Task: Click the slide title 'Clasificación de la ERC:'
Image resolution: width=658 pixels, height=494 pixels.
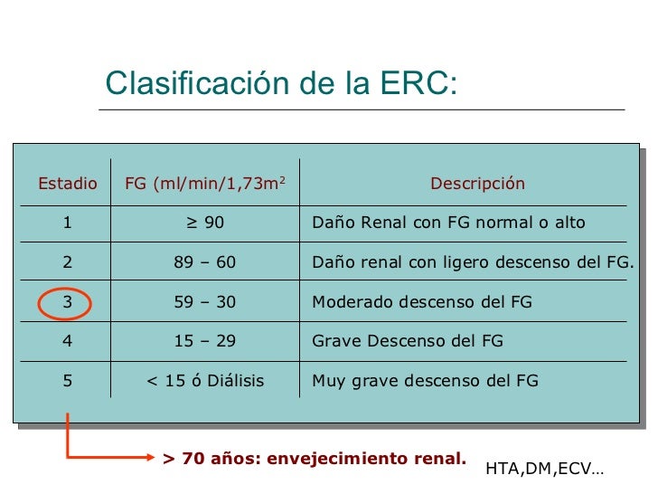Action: click(281, 83)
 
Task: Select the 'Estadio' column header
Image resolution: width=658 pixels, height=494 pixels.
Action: click(68, 184)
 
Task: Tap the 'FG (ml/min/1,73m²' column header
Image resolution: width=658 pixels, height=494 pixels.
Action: click(205, 184)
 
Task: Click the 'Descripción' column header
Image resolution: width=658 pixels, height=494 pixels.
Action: click(477, 184)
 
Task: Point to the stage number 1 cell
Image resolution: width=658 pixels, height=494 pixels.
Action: click(68, 223)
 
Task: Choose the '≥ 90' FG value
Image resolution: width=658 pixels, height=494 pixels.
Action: click(205, 223)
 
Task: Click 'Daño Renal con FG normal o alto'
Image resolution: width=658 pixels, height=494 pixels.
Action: click(448, 223)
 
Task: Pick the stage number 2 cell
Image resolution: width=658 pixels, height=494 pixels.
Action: click(68, 262)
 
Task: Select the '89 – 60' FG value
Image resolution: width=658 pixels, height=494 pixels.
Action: click(205, 262)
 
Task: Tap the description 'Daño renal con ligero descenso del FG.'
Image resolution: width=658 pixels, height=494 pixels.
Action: click(473, 262)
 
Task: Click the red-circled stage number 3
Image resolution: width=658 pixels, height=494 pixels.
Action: click(68, 302)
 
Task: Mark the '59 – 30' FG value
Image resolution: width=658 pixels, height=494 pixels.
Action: click(205, 302)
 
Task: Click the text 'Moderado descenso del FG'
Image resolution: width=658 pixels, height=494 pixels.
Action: click(422, 302)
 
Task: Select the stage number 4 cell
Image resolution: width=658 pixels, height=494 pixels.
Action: click(68, 341)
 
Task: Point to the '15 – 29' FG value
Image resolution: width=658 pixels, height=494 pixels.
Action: click(205, 341)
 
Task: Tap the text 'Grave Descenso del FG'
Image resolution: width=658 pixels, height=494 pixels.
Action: click(408, 341)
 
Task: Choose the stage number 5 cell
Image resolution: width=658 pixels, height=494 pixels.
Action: click(68, 381)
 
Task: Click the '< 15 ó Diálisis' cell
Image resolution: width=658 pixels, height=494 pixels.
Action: click(205, 381)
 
